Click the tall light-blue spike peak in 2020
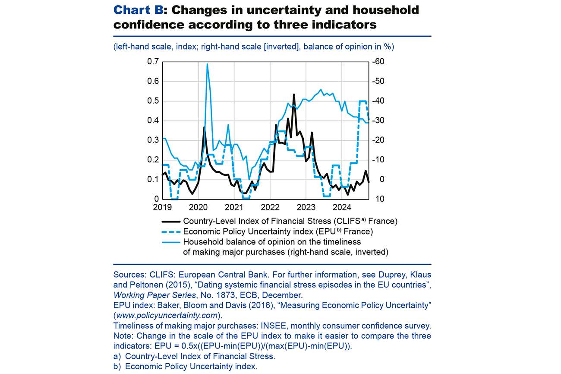click(x=207, y=64)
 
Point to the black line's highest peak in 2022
click(x=294, y=94)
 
